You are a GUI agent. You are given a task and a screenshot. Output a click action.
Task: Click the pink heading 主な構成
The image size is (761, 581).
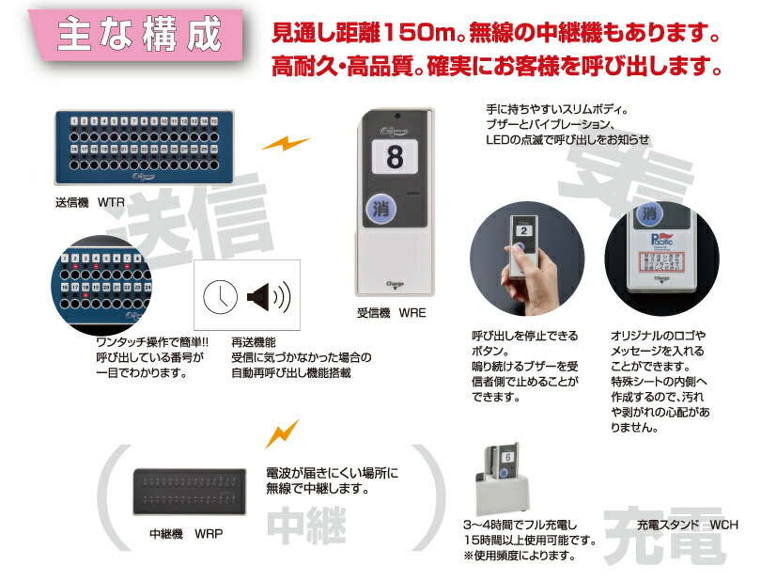point(139,35)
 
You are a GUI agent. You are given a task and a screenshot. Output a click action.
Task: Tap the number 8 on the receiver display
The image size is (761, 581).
point(395,157)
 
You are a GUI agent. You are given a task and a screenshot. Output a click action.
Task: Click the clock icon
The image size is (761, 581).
point(220,298)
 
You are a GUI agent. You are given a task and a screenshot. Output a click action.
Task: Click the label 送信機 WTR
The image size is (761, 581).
point(90,202)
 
